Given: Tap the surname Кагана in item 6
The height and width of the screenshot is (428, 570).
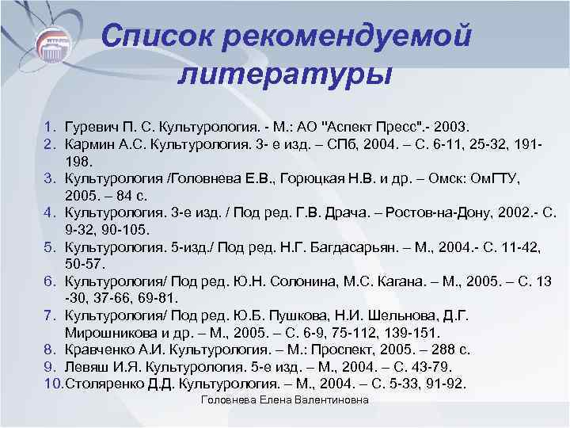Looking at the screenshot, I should coord(408,282).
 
